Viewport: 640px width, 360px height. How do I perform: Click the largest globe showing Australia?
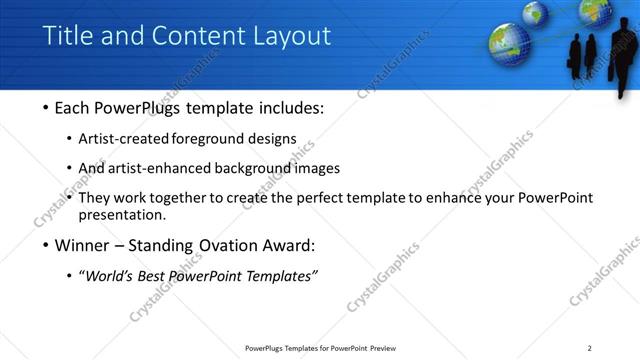[x=510, y=43]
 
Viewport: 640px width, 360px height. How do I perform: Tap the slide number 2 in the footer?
[x=590, y=348]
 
